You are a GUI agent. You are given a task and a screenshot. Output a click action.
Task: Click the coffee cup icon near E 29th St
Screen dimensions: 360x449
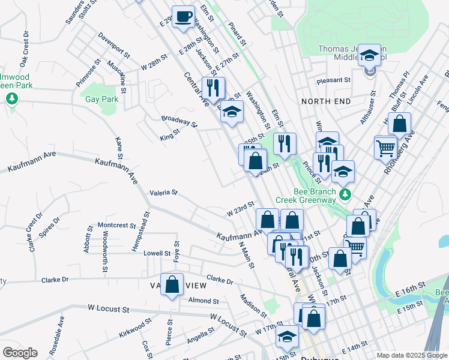coord(184,16)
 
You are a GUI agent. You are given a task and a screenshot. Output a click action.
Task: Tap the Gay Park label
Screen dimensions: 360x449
coord(101,99)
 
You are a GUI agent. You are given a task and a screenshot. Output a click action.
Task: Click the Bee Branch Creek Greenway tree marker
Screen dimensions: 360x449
coord(345,194)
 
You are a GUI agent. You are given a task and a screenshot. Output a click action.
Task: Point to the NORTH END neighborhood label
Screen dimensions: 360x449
coord(326,101)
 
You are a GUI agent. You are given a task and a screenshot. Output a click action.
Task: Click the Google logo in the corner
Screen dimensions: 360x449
coord(19,353)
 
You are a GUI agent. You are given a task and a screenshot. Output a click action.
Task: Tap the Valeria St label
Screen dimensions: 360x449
coord(163,193)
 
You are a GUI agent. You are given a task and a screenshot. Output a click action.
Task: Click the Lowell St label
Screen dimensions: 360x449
coord(157,253)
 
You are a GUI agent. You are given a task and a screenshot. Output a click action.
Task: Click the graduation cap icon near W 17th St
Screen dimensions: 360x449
coord(288,337)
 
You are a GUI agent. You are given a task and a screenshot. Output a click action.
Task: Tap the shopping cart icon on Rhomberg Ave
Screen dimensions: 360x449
coord(385,147)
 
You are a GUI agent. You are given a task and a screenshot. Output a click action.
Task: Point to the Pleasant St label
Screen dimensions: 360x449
coord(335,80)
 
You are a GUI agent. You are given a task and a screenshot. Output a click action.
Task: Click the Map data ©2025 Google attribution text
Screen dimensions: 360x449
coord(411,355)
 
